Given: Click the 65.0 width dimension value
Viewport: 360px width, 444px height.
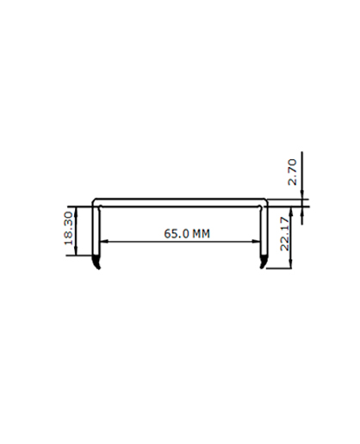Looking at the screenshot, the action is [177, 233].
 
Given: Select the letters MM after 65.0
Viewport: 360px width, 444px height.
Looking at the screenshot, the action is [201, 234].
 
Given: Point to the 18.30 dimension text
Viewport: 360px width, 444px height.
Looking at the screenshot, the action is [69, 228].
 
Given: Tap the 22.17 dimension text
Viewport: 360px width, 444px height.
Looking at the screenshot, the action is [284, 234].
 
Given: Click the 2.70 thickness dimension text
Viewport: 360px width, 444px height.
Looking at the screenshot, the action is [292, 172].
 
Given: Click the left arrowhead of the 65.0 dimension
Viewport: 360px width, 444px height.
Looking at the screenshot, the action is [103, 242].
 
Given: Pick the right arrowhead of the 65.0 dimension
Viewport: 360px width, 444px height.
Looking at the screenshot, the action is [257, 242].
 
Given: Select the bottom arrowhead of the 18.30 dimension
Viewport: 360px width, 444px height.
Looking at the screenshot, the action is [76, 250].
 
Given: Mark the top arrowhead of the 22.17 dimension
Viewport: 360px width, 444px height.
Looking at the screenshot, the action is [291, 213].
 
